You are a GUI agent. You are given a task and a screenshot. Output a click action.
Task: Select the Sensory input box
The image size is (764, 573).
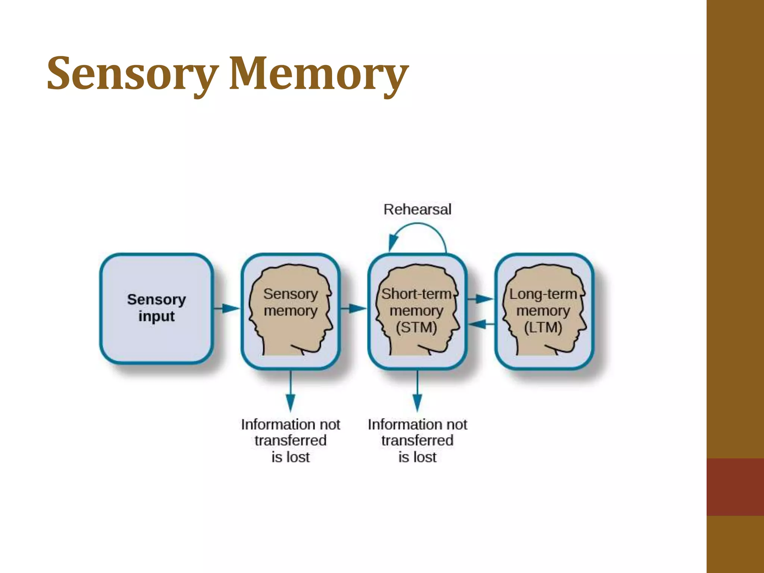(156, 309)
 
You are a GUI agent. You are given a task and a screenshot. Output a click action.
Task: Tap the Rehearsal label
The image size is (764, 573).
(417, 209)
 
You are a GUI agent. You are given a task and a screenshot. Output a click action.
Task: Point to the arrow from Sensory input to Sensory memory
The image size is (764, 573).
(227, 309)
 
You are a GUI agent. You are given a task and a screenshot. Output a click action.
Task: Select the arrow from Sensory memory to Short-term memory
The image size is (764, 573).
(353, 309)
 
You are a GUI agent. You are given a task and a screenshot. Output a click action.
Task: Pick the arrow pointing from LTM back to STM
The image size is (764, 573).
(481, 324)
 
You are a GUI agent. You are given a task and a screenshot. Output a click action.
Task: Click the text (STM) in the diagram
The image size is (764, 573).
(416, 328)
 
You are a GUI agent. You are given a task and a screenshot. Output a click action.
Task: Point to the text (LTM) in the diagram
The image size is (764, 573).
(543, 328)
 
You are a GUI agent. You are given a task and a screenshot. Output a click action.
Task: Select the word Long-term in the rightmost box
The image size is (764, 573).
(543, 294)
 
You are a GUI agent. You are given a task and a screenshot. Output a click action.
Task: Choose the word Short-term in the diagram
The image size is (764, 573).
(416, 294)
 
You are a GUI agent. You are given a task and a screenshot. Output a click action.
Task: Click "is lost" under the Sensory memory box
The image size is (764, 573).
(291, 457)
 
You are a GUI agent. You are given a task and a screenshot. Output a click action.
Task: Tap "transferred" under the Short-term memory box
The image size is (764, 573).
(417, 441)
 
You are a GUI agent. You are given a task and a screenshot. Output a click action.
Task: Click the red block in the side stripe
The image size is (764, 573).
(735, 487)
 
